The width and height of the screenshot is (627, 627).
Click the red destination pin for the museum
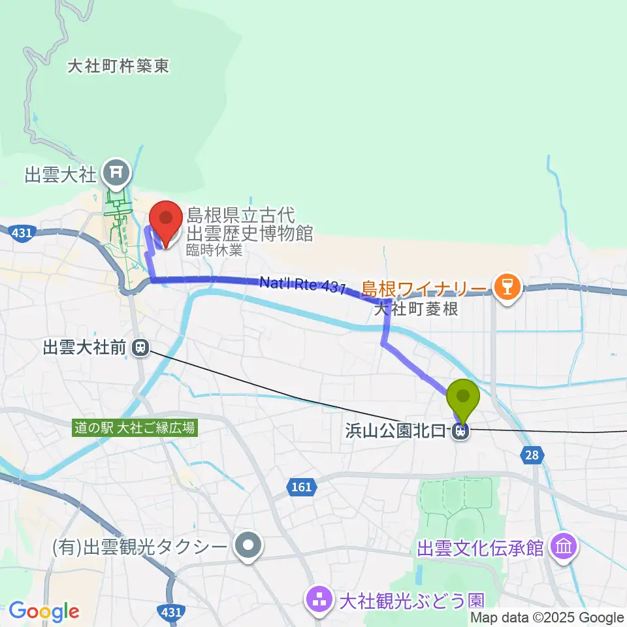point(166,219)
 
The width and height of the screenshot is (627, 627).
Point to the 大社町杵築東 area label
point(118,66)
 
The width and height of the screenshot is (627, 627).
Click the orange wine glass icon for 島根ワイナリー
point(505,288)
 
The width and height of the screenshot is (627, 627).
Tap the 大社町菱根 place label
point(415,308)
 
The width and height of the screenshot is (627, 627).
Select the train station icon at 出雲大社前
point(138,349)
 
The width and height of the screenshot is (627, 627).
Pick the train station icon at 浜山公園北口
point(460,431)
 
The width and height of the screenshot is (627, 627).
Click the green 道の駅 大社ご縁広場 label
point(134,428)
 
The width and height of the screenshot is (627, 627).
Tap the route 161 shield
point(302,487)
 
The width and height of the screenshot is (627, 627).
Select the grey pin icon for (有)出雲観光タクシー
point(248,546)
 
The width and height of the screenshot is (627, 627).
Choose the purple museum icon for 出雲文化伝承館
point(562,546)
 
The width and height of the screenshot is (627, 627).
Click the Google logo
point(44,611)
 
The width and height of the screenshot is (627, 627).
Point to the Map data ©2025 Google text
point(547,618)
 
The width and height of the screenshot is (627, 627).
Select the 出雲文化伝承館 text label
point(481,547)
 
